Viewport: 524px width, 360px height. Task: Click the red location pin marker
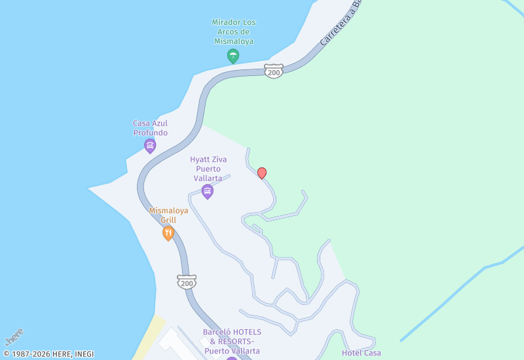point(262,173)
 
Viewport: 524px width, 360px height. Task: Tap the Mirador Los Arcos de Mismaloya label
point(234,31)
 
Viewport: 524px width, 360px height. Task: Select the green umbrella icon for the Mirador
point(233,56)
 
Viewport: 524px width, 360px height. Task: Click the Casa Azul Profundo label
point(150,128)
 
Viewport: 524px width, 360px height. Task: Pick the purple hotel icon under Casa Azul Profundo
point(150,145)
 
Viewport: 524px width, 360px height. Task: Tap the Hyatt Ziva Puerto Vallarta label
point(208,168)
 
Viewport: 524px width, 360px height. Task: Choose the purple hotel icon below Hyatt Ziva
point(208,191)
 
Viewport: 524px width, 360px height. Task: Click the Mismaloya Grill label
point(168,215)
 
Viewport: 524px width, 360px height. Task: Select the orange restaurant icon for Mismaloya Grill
point(168,232)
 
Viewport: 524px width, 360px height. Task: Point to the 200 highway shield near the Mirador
point(274,72)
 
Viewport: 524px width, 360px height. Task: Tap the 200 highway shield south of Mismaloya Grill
point(187,283)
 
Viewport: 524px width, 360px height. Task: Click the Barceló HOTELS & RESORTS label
point(232,341)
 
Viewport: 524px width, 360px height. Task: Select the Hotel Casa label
point(361,353)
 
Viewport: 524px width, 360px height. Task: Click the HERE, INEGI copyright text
point(48,354)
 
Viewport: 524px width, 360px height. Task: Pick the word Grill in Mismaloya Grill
point(168,220)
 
